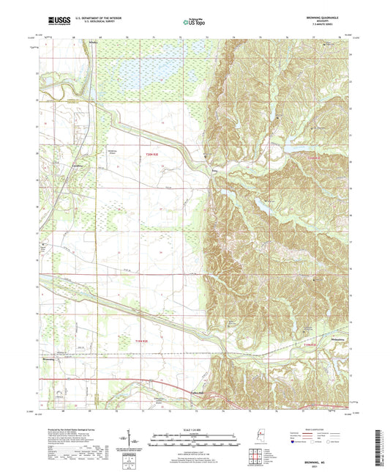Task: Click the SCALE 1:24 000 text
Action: (x=194, y=429)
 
